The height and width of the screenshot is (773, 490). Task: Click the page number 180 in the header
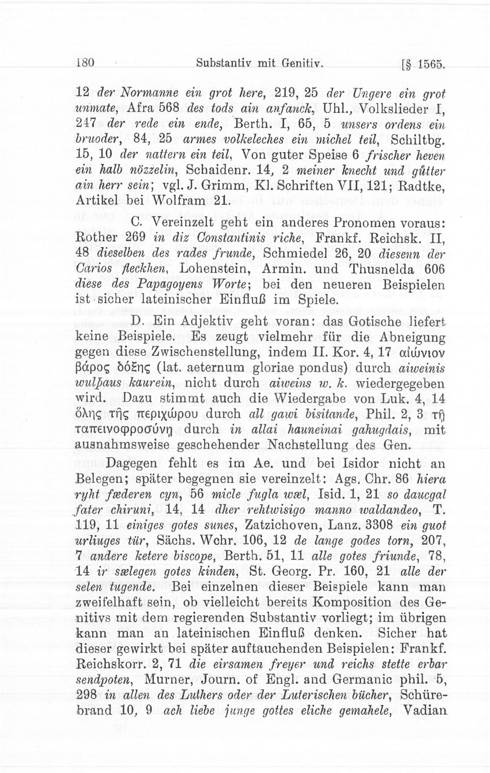tap(86, 63)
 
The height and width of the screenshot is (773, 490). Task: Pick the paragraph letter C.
tap(138, 223)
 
